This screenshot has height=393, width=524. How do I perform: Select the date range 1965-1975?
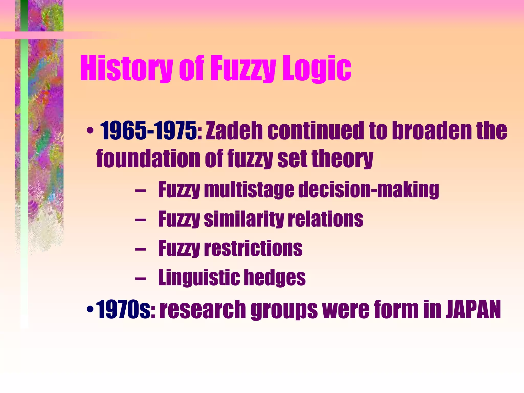point(148,131)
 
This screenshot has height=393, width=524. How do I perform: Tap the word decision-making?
point(368,190)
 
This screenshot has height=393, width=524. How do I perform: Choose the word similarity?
point(244,219)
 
